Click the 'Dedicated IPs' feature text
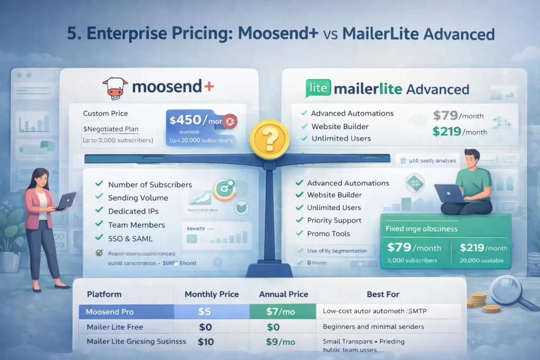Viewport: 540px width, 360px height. point(133,211)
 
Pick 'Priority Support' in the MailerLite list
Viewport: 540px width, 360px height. point(334,220)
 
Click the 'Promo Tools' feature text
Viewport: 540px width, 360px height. point(329,233)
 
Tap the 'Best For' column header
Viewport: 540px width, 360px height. point(383,294)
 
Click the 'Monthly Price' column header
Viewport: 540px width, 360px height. point(211,294)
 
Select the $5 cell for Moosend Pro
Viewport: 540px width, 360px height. point(205,312)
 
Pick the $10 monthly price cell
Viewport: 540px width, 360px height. point(205,342)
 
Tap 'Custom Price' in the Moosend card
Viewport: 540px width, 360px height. point(105,113)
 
